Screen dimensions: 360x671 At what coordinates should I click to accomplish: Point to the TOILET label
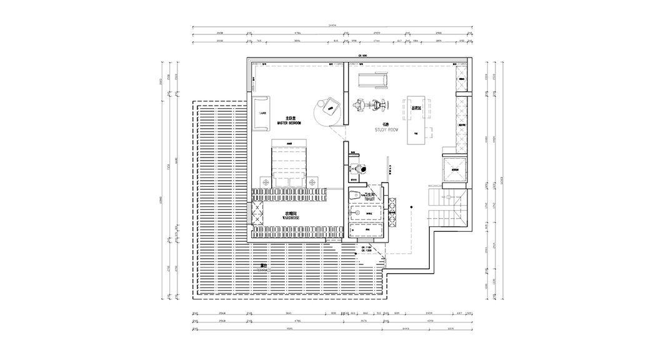coord(369,197)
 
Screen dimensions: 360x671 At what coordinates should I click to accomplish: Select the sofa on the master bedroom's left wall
coord(262,113)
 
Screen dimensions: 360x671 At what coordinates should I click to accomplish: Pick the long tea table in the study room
coord(415,121)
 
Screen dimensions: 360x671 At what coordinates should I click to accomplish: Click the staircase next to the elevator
coord(446,207)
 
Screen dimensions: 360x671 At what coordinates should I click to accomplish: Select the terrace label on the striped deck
coord(265,266)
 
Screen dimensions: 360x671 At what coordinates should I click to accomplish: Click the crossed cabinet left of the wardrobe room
coord(252,215)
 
